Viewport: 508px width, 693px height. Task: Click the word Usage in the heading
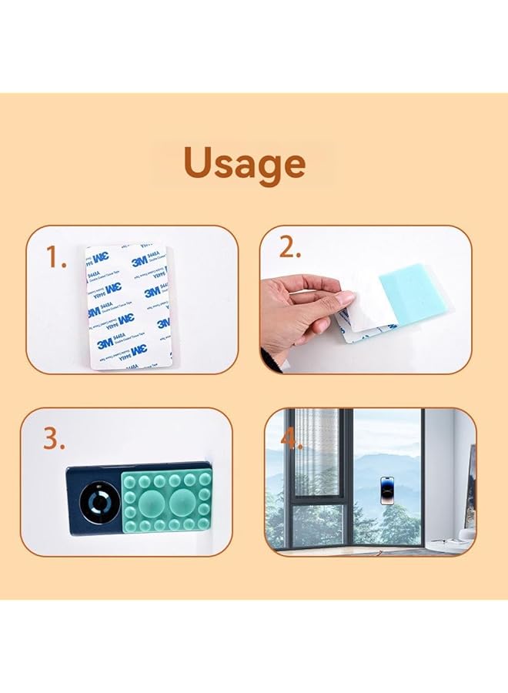[244, 164]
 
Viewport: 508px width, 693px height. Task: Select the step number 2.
[289, 248]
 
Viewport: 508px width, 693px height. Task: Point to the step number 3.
[52, 438]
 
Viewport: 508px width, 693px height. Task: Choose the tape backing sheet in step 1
[129, 307]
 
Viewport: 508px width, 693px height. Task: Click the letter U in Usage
[199, 162]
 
